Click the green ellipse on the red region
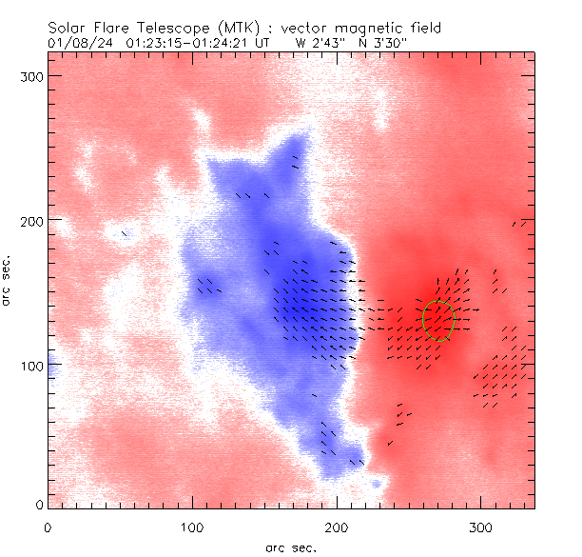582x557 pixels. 438,321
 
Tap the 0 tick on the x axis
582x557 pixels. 48,527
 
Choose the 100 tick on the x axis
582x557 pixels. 192,527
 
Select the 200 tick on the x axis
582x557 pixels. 337,527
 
